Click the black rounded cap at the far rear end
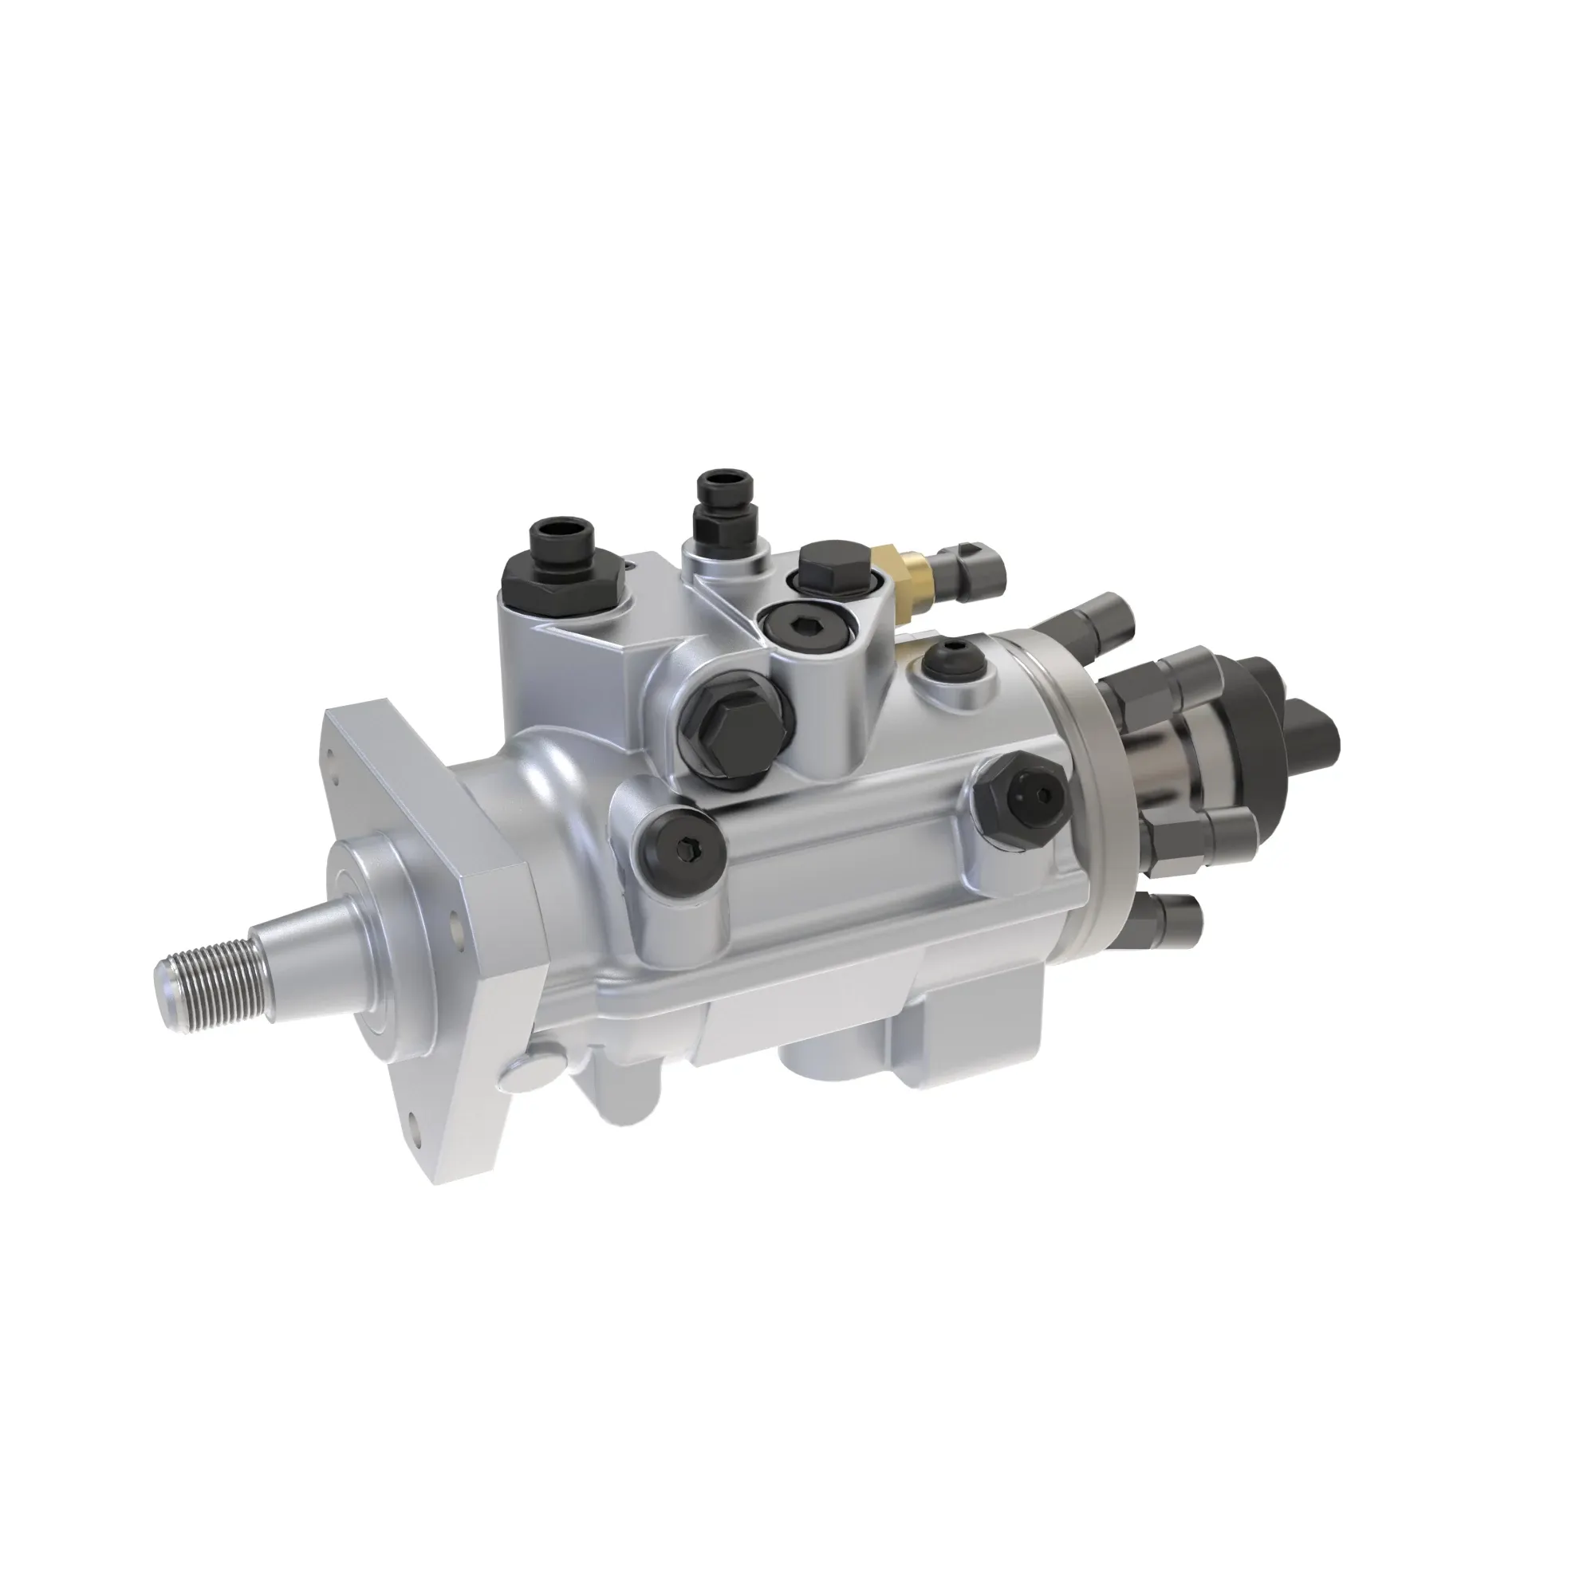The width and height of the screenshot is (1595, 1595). (1313, 727)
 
